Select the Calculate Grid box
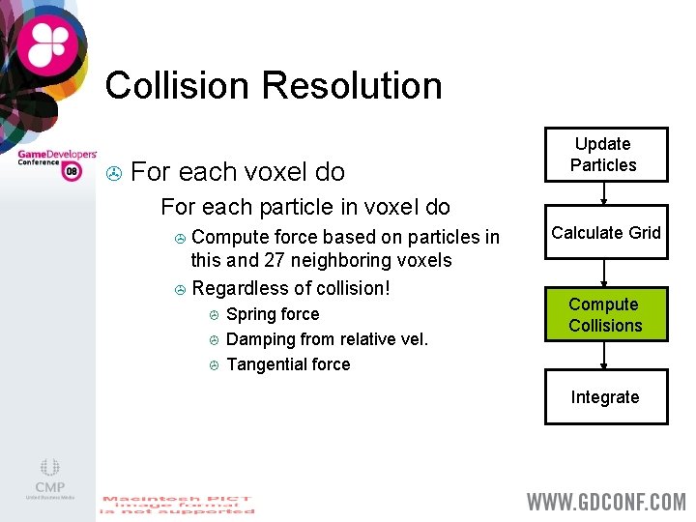point(605,233)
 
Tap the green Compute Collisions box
point(605,315)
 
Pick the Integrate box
point(605,397)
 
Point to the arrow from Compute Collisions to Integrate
point(604,355)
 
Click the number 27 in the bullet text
point(275,261)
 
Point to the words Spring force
point(272,315)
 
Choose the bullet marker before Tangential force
point(215,365)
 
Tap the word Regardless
point(237,289)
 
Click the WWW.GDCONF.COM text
point(605,502)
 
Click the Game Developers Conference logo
point(56,163)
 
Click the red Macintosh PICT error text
point(177,505)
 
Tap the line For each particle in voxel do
point(304,207)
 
